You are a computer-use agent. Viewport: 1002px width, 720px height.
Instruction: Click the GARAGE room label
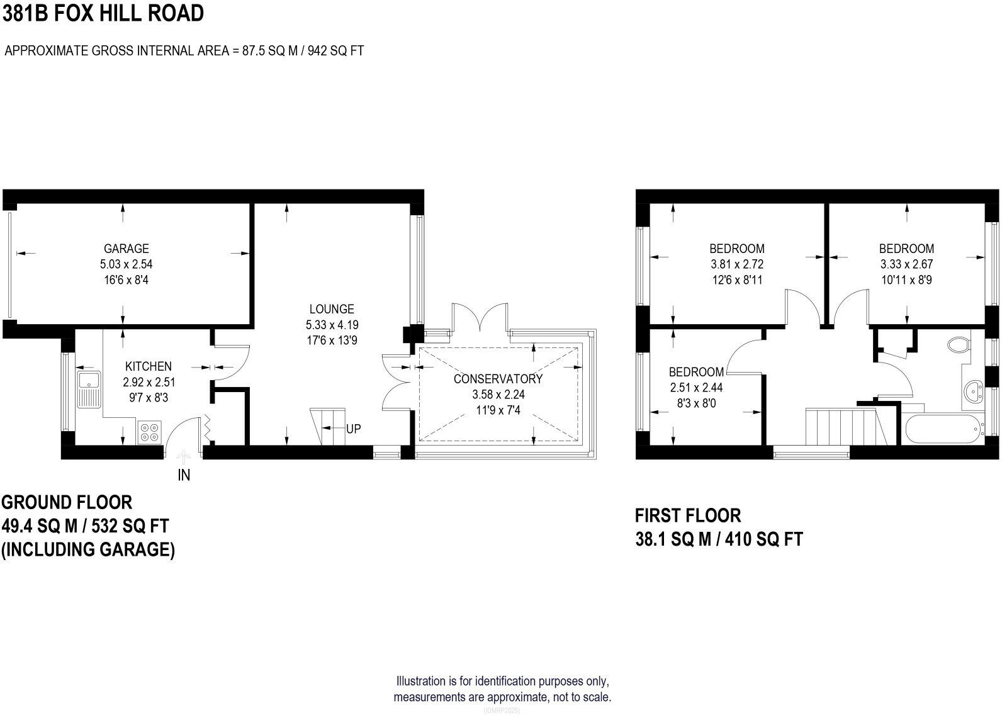[x=126, y=249]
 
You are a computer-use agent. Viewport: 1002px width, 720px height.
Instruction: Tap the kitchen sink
[x=89, y=390]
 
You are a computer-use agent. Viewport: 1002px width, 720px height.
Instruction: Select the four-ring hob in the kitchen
[x=149, y=432]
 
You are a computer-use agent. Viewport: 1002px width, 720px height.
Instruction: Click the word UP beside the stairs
[x=353, y=429]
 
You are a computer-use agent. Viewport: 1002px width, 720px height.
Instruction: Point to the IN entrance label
[x=184, y=475]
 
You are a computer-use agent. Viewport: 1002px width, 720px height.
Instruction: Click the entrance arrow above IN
[x=183, y=458]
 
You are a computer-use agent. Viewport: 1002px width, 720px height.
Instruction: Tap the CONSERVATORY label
[x=498, y=379]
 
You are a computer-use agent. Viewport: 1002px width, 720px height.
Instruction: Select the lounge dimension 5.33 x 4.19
[x=332, y=325]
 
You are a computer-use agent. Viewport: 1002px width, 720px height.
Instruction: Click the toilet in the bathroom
[x=959, y=345]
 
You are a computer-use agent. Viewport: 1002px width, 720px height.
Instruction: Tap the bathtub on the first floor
[x=944, y=429]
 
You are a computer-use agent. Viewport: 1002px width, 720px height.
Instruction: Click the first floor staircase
[x=846, y=426]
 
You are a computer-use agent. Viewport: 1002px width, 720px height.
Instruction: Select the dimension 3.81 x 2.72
[x=737, y=264]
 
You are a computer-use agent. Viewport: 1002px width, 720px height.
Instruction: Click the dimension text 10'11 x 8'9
[x=907, y=280]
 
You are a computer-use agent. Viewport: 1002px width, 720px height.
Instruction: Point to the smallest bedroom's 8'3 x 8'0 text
[x=697, y=403]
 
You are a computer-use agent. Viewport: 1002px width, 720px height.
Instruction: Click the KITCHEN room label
[x=149, y=366]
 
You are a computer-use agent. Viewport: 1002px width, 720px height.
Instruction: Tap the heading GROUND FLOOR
[x=67, y=503]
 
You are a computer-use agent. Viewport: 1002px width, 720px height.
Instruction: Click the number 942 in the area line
[x=317, y=50]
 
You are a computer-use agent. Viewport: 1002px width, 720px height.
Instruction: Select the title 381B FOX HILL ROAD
[x=103, y=13]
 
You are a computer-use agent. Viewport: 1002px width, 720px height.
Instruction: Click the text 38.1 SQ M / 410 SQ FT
[x=719, y=539]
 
